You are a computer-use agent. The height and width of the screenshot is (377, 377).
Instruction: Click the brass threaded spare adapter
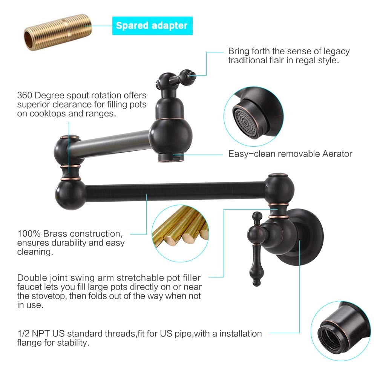click(58, 32)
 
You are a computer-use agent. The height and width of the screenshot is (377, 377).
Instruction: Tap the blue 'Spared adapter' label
click(152, 26)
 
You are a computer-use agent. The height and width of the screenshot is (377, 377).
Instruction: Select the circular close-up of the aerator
click(254, 116)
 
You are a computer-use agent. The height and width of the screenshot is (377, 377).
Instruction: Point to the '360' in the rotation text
click(25, 95)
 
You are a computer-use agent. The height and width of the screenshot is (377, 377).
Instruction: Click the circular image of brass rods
click(180, 233)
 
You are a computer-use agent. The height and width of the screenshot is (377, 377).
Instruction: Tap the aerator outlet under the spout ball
click(171, 158)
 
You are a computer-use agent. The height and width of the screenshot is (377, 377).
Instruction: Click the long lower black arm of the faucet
click(176, 192)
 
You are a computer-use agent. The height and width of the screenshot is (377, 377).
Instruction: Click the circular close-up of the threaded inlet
click(341, 331)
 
